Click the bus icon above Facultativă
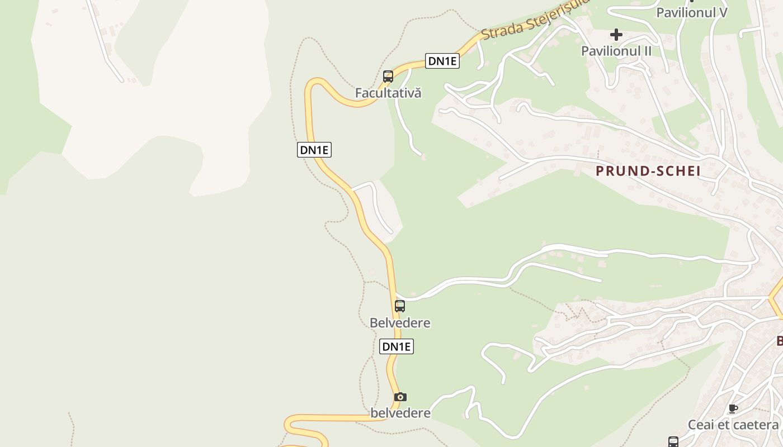(388, 77)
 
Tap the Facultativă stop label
(388, 93)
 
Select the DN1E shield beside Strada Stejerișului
(442, 61)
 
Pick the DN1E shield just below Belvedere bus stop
(397, 346)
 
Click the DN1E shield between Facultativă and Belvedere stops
(314, 150)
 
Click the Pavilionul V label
(691, 12)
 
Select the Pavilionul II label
(616, 51)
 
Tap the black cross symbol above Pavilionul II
(616, 35)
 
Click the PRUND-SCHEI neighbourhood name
(648, 171)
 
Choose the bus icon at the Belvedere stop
(400, 306)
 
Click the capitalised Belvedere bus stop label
(400, 323)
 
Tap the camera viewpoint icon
(400, 397)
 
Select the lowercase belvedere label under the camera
(400, 413)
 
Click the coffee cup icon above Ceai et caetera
(733, 409)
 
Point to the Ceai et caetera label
(733, 425)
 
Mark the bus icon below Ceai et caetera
(673, 441)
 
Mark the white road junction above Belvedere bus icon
(397, 293)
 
